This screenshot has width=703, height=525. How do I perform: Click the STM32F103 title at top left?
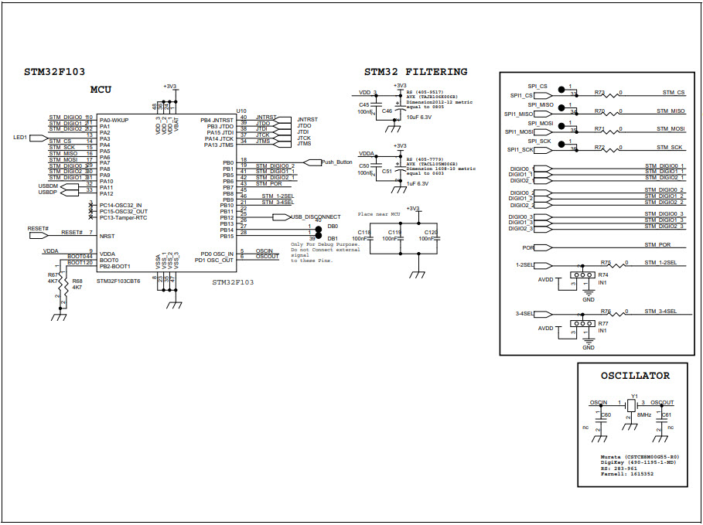[54, 72]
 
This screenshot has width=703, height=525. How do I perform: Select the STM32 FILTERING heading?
[415, 72]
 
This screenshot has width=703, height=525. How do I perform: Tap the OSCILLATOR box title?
[635, 376]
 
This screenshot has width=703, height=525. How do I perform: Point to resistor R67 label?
[53, 275]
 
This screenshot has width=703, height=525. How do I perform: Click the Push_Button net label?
[336, 162]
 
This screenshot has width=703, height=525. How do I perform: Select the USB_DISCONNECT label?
[316, 216]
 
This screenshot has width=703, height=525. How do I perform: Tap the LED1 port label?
[21, 138]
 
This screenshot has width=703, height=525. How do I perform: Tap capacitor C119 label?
[394, 232]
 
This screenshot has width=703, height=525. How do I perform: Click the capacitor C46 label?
[387, 111]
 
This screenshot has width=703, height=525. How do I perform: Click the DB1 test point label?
[332, 239]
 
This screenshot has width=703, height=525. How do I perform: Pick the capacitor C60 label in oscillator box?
[606, 415]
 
